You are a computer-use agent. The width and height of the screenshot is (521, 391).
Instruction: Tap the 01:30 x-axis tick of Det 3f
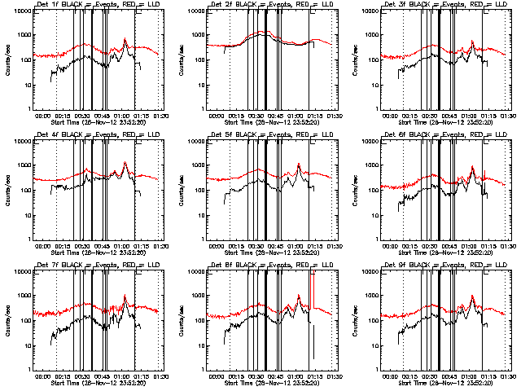(509, 116)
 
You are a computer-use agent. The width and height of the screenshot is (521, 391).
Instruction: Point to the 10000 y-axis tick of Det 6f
(371, 142)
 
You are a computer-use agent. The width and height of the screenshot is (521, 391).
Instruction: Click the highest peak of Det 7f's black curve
(125, 296)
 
